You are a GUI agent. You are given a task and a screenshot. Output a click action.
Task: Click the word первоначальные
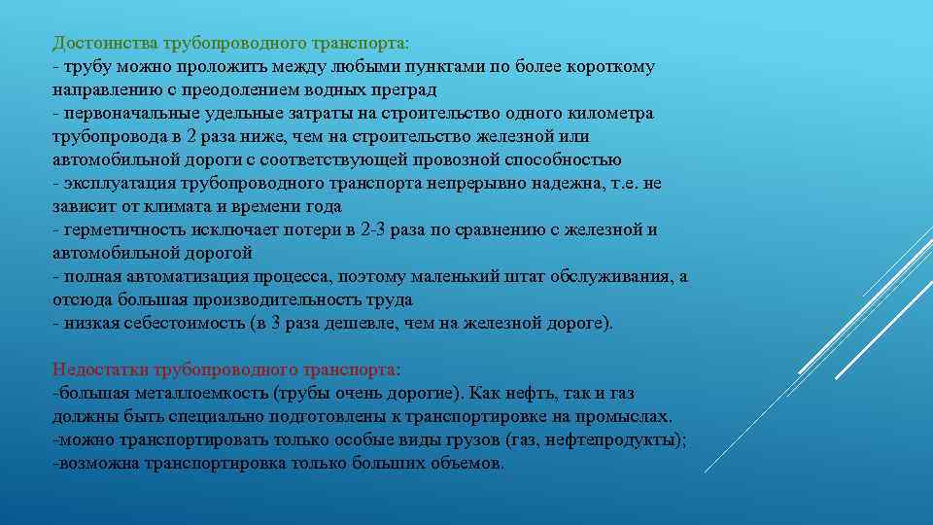[x=124, y=114]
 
